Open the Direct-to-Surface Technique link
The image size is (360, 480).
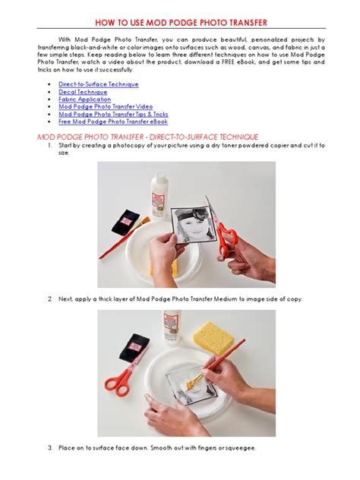click(x=98, y=84)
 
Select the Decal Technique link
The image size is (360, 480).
click(x=83, y=92)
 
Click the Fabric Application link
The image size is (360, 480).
click(x=84, y=99)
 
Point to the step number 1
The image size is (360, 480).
click(x=49, y=144)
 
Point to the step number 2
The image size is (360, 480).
click(x=49, y=299)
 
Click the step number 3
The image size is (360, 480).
click(x=49, y=447)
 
